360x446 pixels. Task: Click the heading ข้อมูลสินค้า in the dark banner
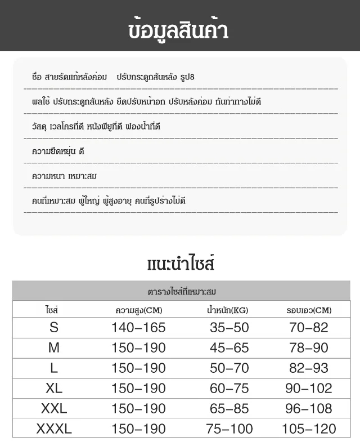pyautogui.click(x=179, y=29)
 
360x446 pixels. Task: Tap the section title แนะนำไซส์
pyautogui.click(x=180, y=264)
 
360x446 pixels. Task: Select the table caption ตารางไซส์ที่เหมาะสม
pyautogui.click(x=181, y=292)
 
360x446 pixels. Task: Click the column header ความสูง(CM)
pyautogui.click(x=138, y=310)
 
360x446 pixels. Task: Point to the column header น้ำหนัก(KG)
pyautogui.click(x=228, y=310)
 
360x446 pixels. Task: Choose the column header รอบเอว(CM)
pyautogui.click(x=309, y=310)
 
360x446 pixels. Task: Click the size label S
pyautogui.click(x=54, y=328)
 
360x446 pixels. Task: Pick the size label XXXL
pyautogui.click(x=54, y=429)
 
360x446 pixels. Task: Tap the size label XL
pyautogui.click(x=54, y=389)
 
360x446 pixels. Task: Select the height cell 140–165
pyautogui.click(x=138, y=328)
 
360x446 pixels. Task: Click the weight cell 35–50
pyautogui.click(x=229, y=328)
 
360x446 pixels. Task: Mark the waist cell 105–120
pyautogui.click(x=309, y=429)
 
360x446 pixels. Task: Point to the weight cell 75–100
pyautogui.click(x=229, y=429)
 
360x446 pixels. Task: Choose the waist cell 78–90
pyautogui.click(x=309, y=348)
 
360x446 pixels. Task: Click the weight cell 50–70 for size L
pyautogui.click(x=229, y=368)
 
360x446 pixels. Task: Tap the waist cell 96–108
pyautogui.click(x=309, y=409)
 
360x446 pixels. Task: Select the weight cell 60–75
pyautogui.click(x=229, y=389)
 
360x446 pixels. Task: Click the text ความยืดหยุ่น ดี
pyautogui.click(x=58, y=151)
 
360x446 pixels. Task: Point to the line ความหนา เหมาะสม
pyautogui.click(x=65, y=176)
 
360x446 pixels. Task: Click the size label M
pyautogui.click(x=54, y=348)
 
